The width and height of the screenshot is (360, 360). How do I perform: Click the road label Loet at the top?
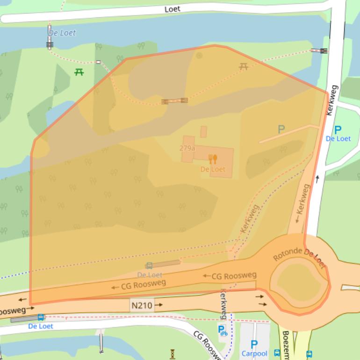172,9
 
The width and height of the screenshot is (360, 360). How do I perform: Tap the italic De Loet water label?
62,33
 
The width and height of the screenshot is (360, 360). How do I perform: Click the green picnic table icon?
79,72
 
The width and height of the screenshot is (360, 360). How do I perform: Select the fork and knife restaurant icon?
213,159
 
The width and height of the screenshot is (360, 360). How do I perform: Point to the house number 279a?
187,148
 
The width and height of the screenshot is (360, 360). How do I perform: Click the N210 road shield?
142,305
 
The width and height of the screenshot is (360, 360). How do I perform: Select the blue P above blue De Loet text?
338,130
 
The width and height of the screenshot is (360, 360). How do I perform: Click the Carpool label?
254,354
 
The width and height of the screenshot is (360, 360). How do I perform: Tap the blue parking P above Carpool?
254,345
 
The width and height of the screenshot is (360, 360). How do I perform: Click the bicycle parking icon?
223,331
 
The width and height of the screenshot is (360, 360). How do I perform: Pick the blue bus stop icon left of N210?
41,317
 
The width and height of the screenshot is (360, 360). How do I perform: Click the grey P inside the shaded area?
281,130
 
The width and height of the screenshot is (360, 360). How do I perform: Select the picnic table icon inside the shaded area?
243,67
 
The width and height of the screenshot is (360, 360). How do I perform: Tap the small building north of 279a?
203,131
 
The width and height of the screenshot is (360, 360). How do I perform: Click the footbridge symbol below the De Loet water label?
50,45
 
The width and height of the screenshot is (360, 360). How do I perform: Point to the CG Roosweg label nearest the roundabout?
229,276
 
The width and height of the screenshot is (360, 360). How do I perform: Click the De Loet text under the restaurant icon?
213,169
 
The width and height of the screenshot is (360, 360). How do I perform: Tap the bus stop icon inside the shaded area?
149,266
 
